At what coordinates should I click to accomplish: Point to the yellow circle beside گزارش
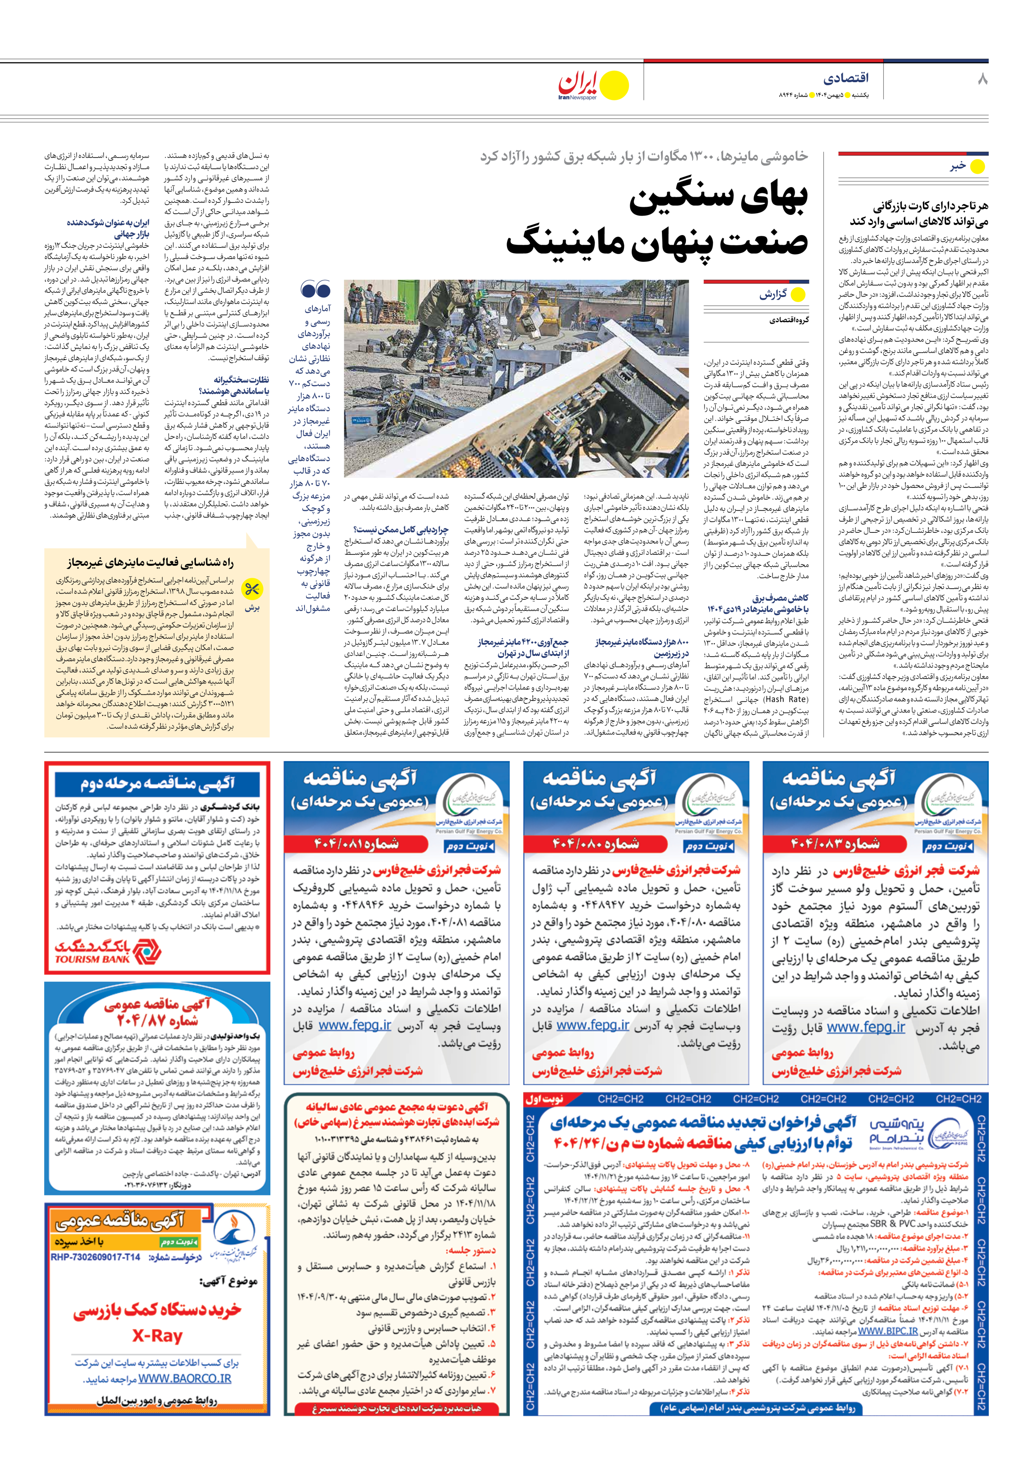pyautogui.click(x=798, y=295)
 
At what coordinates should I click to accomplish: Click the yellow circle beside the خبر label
pyautogui.click(x=977, y=166)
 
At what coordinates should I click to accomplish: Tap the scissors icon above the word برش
pyautogui.click(x=252, y=589)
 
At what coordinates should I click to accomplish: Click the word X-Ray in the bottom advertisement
pyautogui.click(x=157, y=1336)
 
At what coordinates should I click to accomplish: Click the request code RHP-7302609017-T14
pyautogui.click(x=95, y=1257)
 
